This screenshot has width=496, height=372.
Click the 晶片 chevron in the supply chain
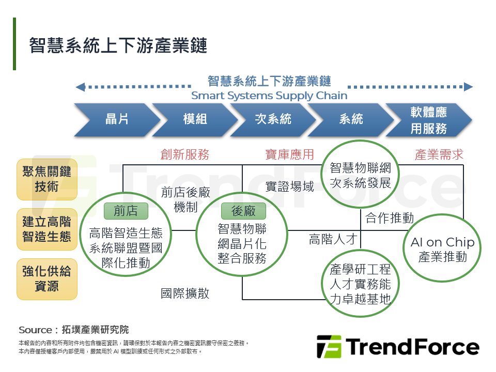point(117,120)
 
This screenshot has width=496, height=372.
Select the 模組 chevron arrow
point(195,120)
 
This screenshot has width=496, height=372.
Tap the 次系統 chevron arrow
point(273,120)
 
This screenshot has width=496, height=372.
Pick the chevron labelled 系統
point(351,120)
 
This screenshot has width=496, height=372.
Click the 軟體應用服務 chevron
point(428,120)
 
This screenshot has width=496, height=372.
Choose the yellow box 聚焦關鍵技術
point(47,179)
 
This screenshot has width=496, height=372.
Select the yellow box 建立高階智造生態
point(47,229)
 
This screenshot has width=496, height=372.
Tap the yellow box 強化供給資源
point(47,279)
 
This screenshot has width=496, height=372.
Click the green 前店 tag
point(126,211)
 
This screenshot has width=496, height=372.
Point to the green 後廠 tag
point(243,211)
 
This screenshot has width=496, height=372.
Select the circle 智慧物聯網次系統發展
point(360,176)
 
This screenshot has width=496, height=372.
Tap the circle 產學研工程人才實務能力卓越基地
point(360,283)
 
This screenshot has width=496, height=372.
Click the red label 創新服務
point(184,154)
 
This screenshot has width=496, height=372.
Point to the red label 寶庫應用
point(289,154)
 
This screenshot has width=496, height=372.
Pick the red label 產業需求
point(439,154)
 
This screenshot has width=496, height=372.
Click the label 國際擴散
point(185,293)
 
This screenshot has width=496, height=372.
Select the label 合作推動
point(389,218)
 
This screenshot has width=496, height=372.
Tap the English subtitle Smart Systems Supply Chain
point(269,96)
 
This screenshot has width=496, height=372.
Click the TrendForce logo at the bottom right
point(398,347)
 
